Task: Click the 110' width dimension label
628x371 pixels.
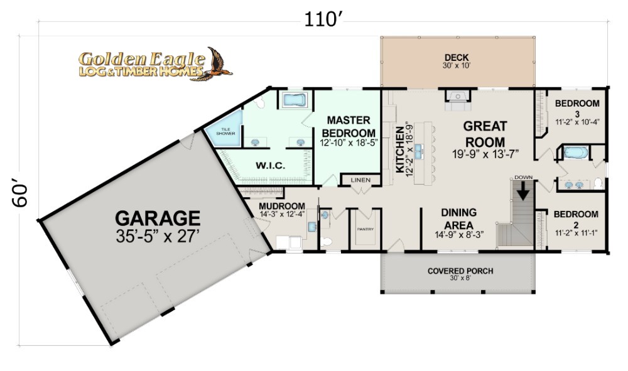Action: point(323,19)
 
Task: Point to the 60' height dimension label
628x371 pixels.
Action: point(19,195)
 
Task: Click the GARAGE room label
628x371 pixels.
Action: point(158,218)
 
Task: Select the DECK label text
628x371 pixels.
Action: point(456,58)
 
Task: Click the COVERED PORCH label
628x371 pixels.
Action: point(460,271)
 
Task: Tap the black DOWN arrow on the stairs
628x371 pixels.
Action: point(522,190)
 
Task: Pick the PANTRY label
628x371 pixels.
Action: point(365,229)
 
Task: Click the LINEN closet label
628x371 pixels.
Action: point(360,180)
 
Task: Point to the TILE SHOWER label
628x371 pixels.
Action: point(225,131)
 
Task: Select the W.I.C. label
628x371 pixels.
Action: point(270,165)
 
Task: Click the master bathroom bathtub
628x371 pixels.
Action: point(295,100)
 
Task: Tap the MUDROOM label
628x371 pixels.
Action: point(282,207)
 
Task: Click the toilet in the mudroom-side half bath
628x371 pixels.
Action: point(327,242)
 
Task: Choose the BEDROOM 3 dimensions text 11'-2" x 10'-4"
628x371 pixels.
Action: point(577,122)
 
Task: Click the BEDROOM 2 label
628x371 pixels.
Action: point(576,218)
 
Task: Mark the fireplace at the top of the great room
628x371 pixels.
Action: point(457,100)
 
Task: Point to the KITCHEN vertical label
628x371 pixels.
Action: point(399,149)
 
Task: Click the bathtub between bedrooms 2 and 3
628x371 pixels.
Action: point(576,153)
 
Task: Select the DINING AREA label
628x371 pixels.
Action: point(459,218)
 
